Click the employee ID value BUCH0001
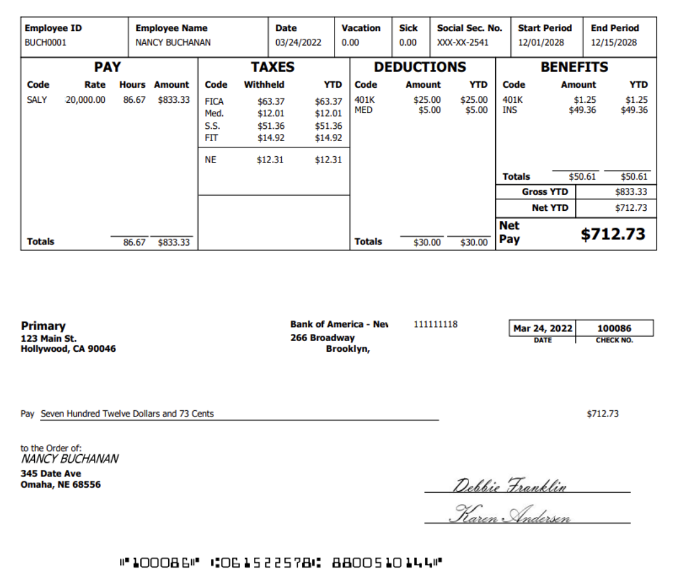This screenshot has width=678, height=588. [x=45, y=43]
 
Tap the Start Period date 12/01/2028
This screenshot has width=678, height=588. [x=540, y=43]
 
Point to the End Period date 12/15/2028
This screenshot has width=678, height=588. [x=613, y=43]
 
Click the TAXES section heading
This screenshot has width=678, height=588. [x=272, y=67]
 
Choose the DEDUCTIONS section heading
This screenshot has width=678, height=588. [x=420, y=67]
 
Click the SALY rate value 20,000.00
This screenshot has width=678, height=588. [x=86, y=100]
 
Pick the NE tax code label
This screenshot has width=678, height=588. [x=211, y=160]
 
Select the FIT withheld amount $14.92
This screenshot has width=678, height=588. [x=271, y=138]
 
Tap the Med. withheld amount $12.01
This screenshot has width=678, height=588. [x=271, y=114]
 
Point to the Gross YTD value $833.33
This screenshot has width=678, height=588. [x=631, y=192]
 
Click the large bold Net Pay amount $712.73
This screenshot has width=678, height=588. [x=613, y=234]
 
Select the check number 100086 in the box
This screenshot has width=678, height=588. [x=615, y=328]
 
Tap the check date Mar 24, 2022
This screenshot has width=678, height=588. [x=543, y=328]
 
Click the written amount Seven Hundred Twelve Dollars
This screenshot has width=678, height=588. [x=127, y=414]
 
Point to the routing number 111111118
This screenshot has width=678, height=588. [x=435, y=324]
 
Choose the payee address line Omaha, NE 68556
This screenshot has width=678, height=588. [x=60, y=484]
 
